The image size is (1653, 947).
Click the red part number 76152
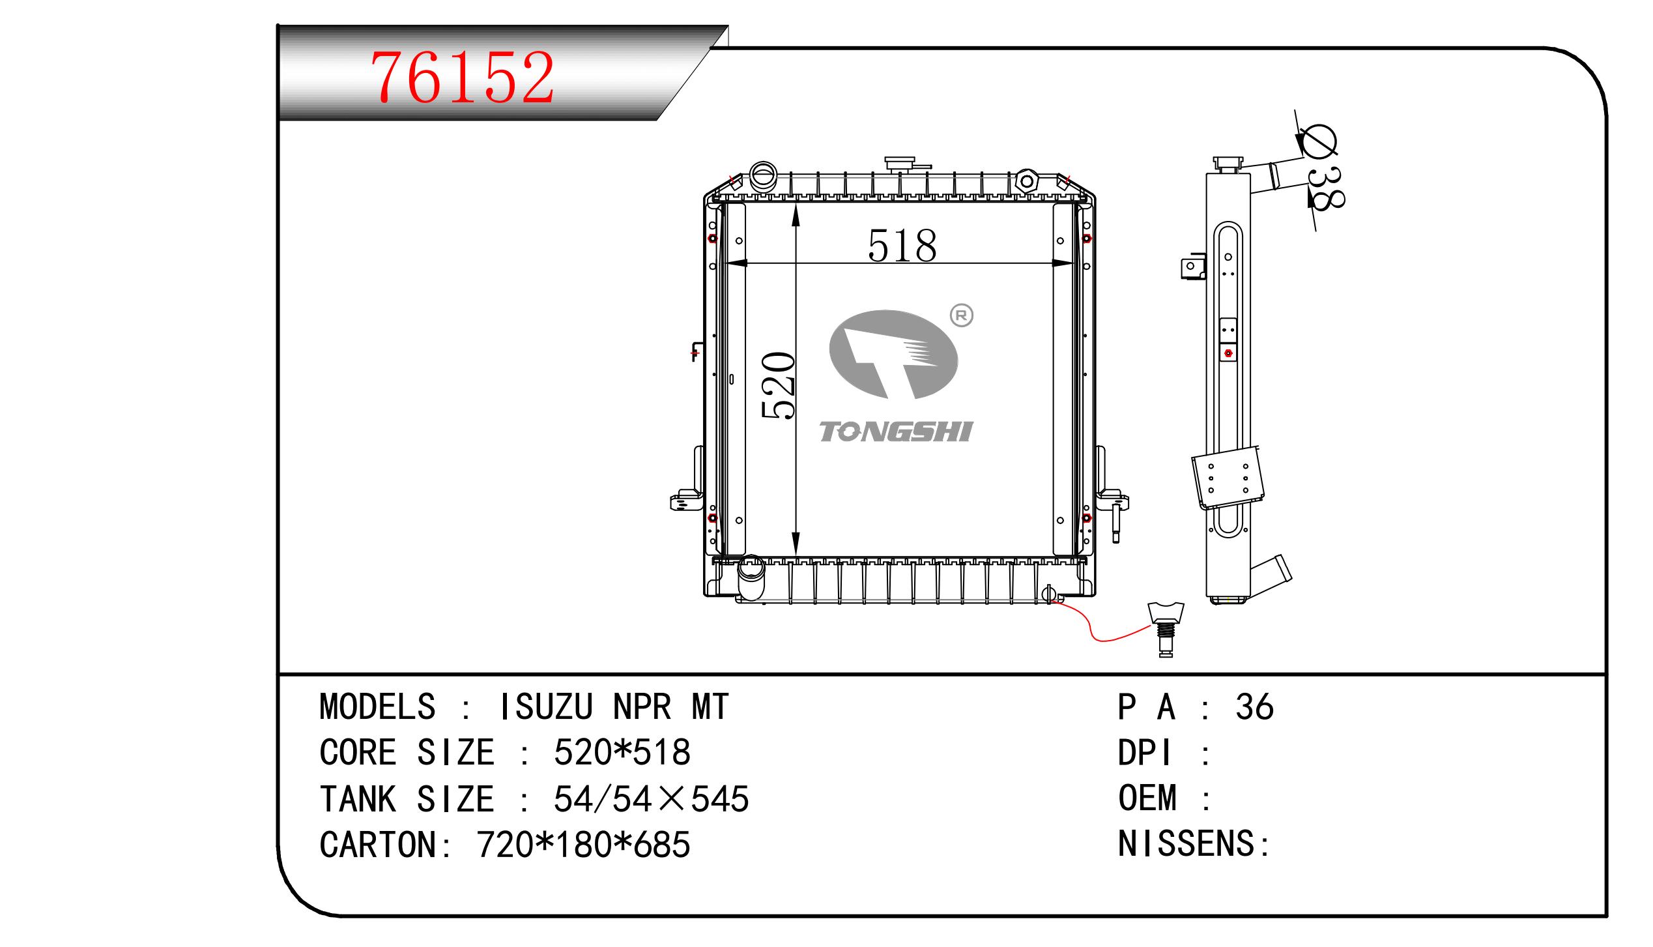tap(463, 77)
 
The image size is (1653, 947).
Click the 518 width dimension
tap(902, 246)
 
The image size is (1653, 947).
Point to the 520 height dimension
tap(779, 385)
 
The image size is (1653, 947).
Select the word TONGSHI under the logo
tap(896, 432)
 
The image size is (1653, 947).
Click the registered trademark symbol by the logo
tap(962, 316)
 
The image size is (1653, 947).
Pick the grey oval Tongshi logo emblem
tap(893, 354)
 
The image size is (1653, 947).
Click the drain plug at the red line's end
tap(1166, 629)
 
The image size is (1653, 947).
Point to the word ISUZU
tap(545, 707)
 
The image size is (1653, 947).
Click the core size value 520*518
tap(622, 752)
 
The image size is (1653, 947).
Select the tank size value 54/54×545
tap(651, 798)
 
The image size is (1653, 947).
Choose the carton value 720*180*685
tap(583, 845)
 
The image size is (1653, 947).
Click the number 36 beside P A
tap(1254, 707)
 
